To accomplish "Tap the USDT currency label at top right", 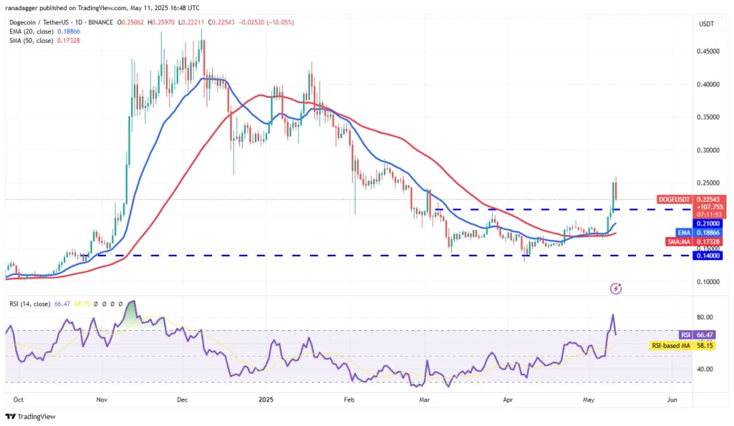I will click(x=705, y=24).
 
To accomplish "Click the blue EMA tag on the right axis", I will click(x=683, y=232).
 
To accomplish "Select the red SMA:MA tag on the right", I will click(x=678, y=241).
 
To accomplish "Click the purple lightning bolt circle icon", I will click(x=616, y=289).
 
